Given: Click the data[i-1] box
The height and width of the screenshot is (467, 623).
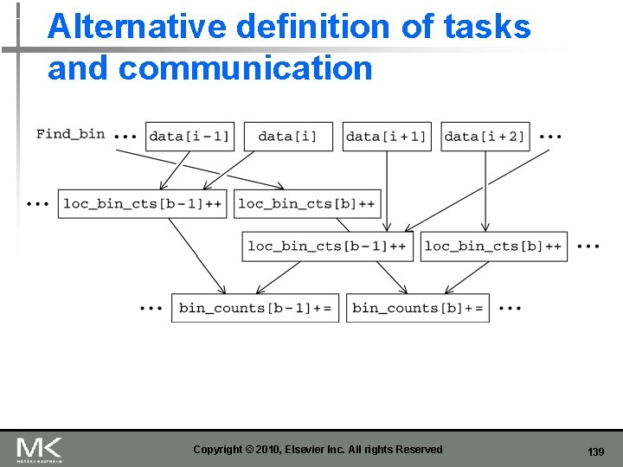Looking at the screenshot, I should coord(189,137).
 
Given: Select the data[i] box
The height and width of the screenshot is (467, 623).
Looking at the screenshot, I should coord(288,137).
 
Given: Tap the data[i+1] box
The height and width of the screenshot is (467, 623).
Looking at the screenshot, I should coord(387,137).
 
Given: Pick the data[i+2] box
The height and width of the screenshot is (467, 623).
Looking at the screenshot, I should coord(485,137).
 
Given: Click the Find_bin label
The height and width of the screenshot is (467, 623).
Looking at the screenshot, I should coord(70,134).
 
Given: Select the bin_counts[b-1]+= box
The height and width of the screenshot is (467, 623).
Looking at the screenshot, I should coord(255,308).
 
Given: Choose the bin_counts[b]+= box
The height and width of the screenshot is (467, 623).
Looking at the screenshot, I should coord(418,308).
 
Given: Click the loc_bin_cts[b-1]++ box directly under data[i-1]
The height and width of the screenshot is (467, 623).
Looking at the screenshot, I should coord(142,204).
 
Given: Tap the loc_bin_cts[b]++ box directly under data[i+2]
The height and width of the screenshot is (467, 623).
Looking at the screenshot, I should coord(494,246).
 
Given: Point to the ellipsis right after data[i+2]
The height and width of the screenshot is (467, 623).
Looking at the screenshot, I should coord(550,137).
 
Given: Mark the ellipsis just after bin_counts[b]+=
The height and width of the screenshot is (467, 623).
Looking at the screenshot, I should coord(511,308).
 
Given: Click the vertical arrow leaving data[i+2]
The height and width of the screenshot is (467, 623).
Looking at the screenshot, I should coord(485,190).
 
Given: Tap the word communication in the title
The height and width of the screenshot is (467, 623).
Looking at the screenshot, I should coord(245,68).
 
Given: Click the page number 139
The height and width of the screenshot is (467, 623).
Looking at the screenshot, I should coord(595,452).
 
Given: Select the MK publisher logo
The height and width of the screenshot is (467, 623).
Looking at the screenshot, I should coord(39,449).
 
